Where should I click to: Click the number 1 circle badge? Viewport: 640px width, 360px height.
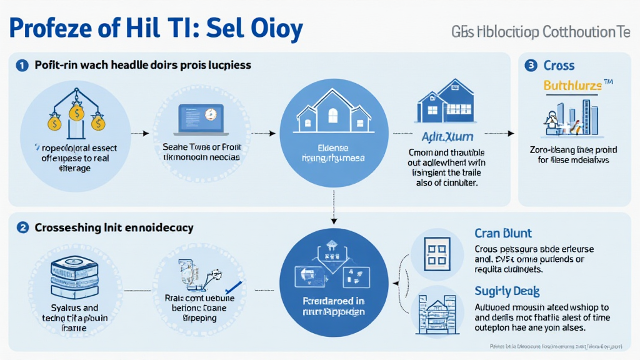point(22,65)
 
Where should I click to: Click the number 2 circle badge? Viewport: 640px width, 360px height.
point(22,228)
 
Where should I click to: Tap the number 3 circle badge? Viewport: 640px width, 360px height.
point(531,65)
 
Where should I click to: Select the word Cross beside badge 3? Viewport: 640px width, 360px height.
point(559,65)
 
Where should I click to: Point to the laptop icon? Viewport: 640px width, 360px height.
point(201,117)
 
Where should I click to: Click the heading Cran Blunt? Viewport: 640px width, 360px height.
point(503,233)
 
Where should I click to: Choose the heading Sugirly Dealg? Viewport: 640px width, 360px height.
point(507,291)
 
